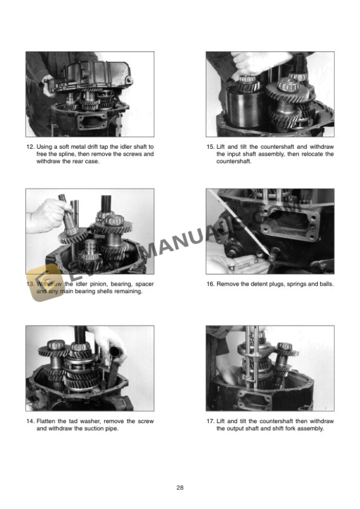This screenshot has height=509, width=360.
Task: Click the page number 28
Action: click(x=180, y=487)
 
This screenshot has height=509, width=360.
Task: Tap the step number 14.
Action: click(x=31, y=421)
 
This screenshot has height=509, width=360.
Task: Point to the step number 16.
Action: click(x=211, y=284)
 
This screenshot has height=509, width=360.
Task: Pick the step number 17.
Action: click(x=211, y=421)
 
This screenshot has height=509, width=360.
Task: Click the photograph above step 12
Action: click(x=90, y=94)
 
